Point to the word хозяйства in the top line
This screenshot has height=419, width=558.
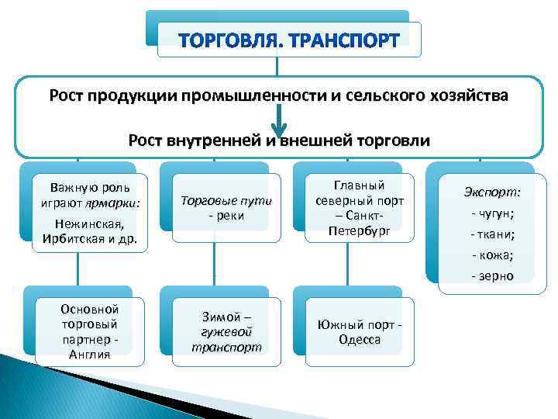tap(471, 95)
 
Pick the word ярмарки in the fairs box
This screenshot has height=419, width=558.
tap(114, 203)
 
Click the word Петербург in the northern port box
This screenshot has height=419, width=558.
tap(359, 230)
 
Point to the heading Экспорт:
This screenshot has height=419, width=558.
tap(492, 191)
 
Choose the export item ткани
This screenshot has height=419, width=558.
tap(493, 234)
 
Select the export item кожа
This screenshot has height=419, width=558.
tap(493, 255)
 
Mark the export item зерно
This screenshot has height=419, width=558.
tap(493, 275)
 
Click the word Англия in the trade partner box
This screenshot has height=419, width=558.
tap(89, 355)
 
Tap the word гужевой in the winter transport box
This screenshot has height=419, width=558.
tap(226, 331)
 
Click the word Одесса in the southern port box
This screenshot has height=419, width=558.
tap(359, 339)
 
